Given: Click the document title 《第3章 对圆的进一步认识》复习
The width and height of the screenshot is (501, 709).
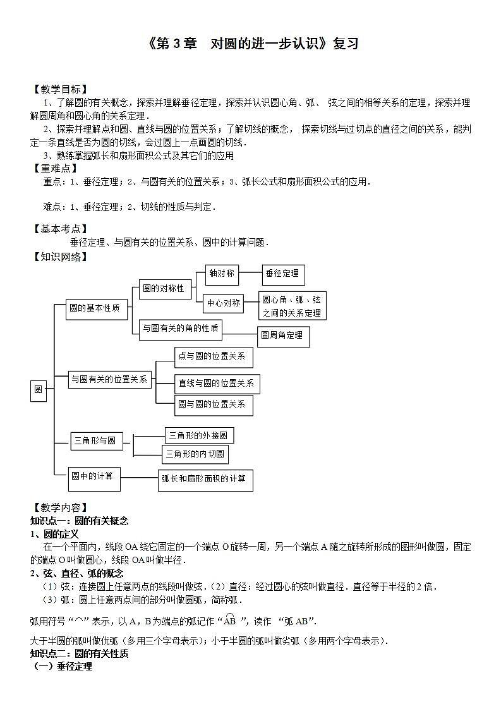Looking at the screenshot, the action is coord(251,44).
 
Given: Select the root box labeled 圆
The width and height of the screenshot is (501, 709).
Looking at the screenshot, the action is coord(39,390).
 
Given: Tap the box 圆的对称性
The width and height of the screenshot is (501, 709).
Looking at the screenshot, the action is coord(163,289).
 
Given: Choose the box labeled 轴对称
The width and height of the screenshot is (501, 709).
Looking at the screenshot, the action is coord(222,274).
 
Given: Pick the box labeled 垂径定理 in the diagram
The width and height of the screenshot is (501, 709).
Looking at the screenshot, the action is coord(282,274).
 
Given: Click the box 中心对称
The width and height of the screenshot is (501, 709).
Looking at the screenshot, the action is coord(224,303).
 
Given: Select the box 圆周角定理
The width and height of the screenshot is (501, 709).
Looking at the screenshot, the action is coord(282,335).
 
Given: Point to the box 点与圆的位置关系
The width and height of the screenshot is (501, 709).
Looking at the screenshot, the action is coord(214,356).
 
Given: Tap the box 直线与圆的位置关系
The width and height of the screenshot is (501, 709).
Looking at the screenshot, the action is coord(216,383).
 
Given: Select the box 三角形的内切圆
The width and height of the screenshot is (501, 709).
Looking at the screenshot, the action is coord(195,454).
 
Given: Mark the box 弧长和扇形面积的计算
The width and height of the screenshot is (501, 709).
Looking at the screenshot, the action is coord(205,479).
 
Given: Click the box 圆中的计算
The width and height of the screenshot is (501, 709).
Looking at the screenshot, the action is coord(94,476).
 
